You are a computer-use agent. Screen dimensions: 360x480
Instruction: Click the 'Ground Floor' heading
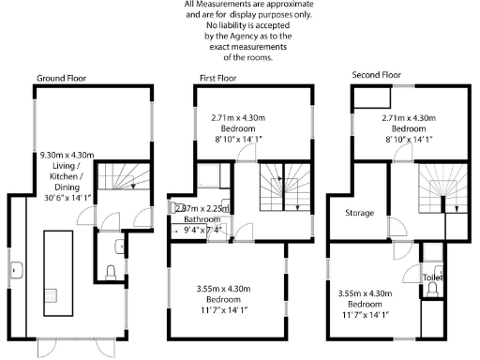62,77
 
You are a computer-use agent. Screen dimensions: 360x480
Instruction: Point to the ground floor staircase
118,177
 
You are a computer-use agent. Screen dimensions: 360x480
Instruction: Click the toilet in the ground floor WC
112,273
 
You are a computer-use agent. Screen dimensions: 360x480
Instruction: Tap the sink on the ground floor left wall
17,271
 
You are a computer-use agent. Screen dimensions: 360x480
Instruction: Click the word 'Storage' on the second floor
359,213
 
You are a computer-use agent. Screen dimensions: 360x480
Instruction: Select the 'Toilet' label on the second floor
433,277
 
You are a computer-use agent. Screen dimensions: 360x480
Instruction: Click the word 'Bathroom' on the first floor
189,219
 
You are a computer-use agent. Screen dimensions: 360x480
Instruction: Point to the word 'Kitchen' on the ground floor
63,176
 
